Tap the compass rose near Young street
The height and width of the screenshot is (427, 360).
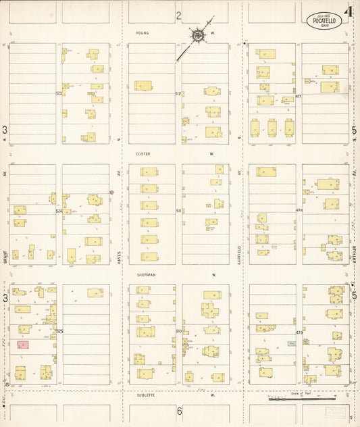(198, 36)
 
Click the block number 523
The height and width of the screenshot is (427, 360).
(59, 93)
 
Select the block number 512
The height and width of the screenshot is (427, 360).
(178, 93)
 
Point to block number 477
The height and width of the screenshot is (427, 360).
(298, 97)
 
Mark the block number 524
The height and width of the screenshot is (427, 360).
(59, 211)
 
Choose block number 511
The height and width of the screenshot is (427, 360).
(178, 211)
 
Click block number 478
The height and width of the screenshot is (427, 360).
(298, 211)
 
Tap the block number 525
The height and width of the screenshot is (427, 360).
(59, 330)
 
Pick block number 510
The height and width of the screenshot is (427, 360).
(178, 330)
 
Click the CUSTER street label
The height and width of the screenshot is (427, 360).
(143, 154)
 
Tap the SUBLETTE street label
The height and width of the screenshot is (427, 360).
(147, 395)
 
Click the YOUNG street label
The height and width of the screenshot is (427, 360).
(142, 32)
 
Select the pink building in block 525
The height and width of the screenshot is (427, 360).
(22, 345)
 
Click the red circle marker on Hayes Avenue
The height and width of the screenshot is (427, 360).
(111, 193)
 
